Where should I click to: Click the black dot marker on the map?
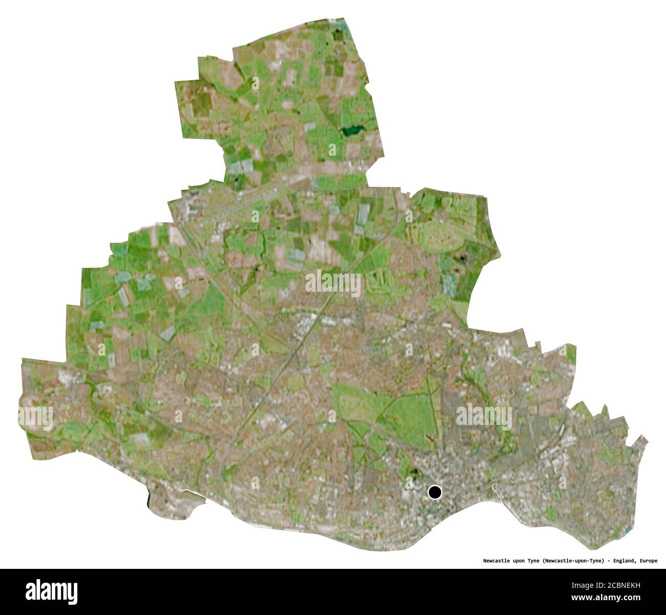click(434, 493)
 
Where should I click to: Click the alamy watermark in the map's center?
click(333, 282)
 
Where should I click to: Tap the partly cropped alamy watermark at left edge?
click(36, 418)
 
